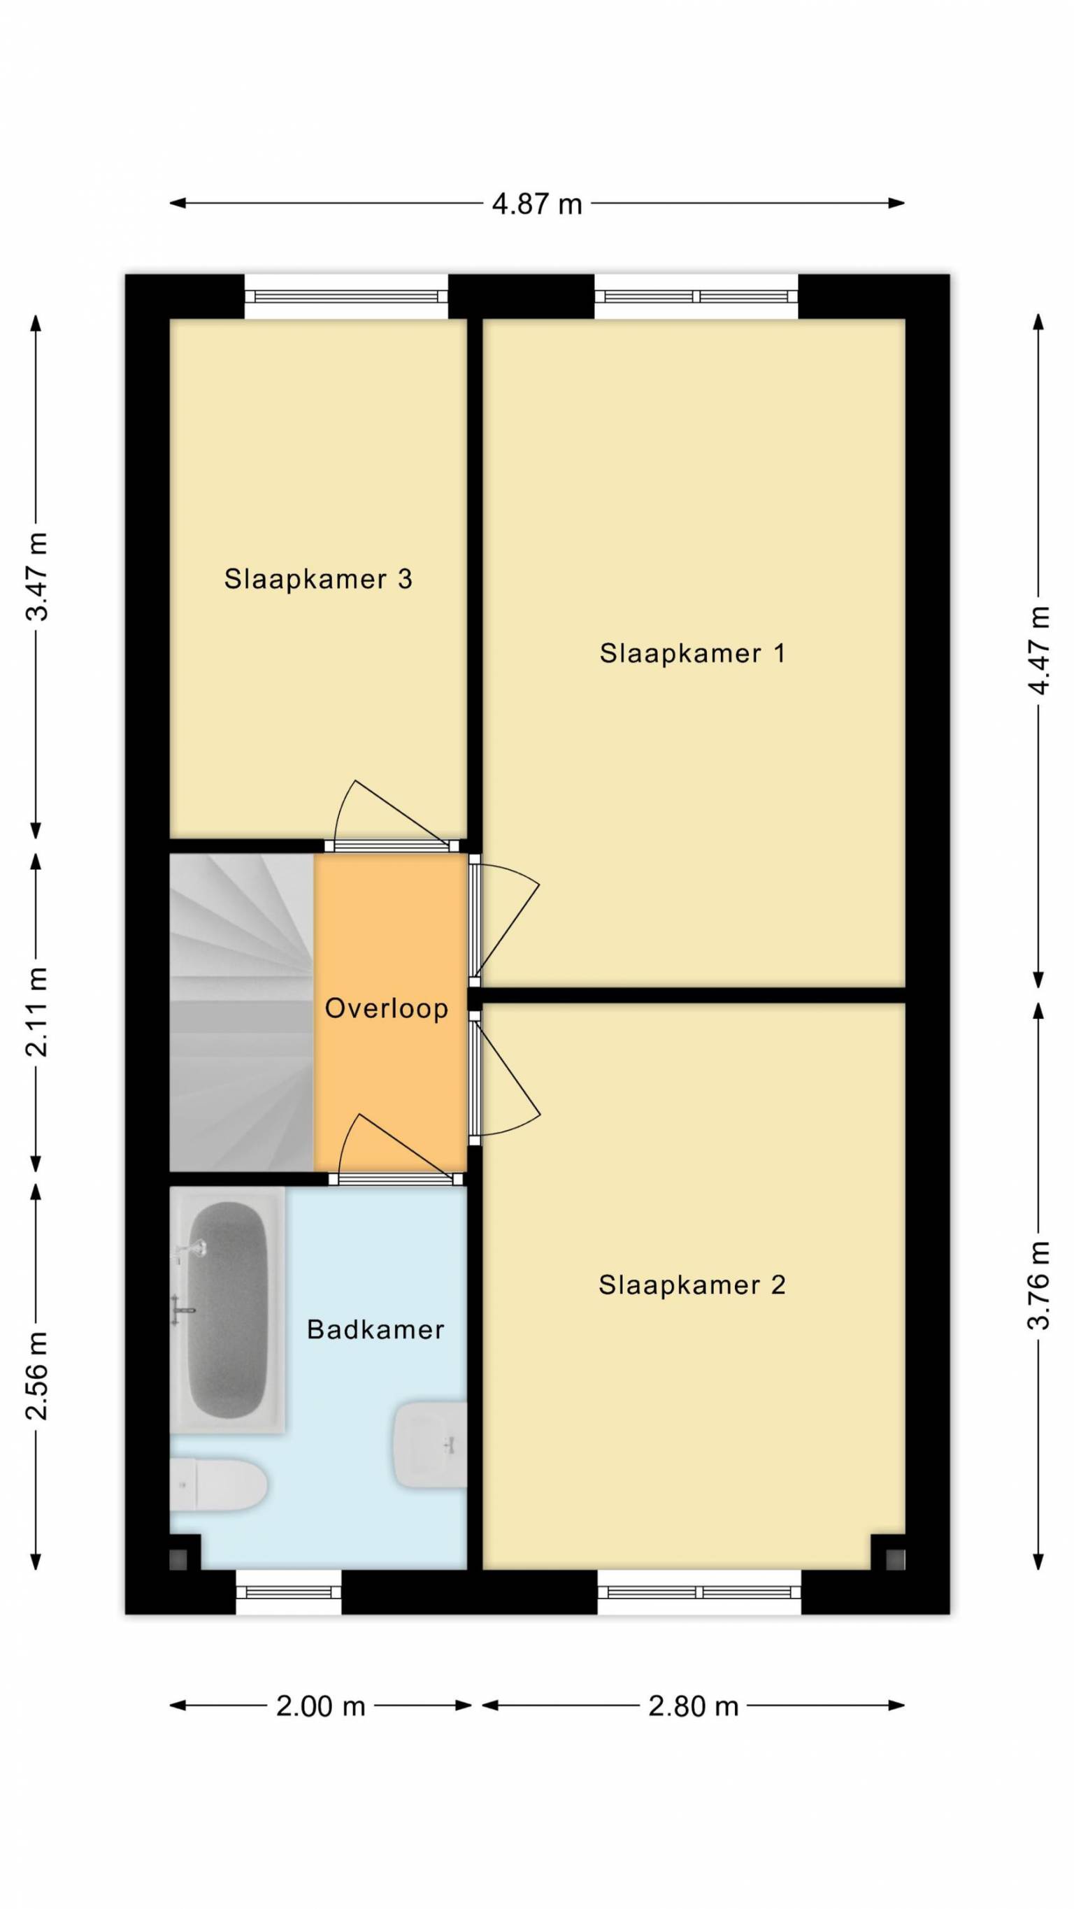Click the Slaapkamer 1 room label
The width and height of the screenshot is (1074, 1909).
coord(692,653)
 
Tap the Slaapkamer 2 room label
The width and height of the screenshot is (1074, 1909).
coord(692,1285)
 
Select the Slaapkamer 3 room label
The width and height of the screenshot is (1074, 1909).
coord(318,579)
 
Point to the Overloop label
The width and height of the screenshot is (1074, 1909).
coord(386,1008)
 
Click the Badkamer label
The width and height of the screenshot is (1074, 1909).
coord(375,1329)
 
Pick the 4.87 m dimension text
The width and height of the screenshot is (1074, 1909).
coord(538,203)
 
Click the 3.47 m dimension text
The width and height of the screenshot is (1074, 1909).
coord(37,575)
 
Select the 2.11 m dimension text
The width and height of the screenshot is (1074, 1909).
coord(37,1012)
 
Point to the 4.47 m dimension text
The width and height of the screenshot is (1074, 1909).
coord(1039,650)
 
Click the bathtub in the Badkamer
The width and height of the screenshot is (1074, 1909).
coord(227,1310)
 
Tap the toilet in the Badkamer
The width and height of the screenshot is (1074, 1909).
coord(219,1485)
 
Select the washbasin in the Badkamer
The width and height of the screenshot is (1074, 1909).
coord(430,1445)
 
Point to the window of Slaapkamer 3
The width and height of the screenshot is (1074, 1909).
coord(346,296)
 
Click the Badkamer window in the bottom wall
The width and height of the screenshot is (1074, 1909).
coord(288,1591)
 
